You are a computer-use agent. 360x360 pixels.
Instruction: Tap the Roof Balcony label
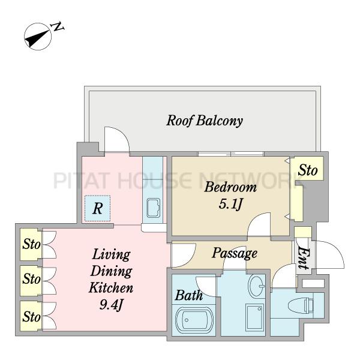pyautogui.click(x=204, y=121)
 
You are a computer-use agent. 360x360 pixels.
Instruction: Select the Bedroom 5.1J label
pyautogui.click(x=230, y=195)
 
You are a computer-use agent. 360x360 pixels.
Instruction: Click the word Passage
pyautogui.click(x=234, y=253)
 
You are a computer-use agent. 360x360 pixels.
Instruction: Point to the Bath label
pyautogui.click(x=188, y=295)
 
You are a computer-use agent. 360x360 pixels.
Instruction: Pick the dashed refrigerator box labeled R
pyautogui.click(x=97, y=209)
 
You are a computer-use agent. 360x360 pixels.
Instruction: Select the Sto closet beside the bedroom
pyautogui.click(x=308, y=170)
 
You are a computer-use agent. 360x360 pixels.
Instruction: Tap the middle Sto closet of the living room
pyautogui.click(x=31, y=279)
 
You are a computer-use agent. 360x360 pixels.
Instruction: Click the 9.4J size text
pyautogui.click(x=111, y=305)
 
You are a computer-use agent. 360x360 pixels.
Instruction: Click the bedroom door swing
pyautogui.click(x=260, y=229)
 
